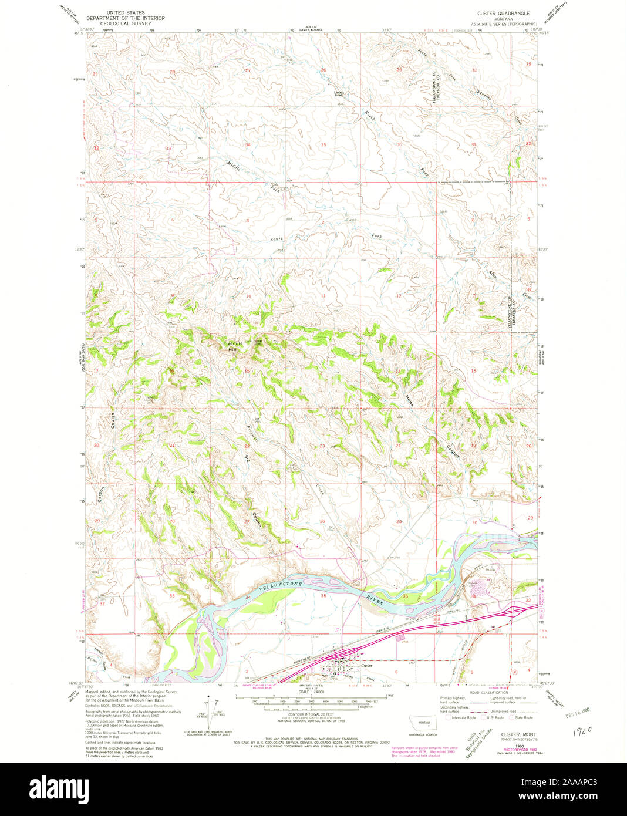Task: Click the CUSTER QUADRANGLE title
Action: [x=504, y=12]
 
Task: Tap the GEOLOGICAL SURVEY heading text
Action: [x=125, y=24]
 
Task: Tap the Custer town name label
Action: [x=367, y=665]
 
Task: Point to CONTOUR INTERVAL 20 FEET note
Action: [x=311, y=714]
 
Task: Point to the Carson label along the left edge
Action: [x=101, y=493]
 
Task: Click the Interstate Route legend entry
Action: [x=461, y=717]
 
